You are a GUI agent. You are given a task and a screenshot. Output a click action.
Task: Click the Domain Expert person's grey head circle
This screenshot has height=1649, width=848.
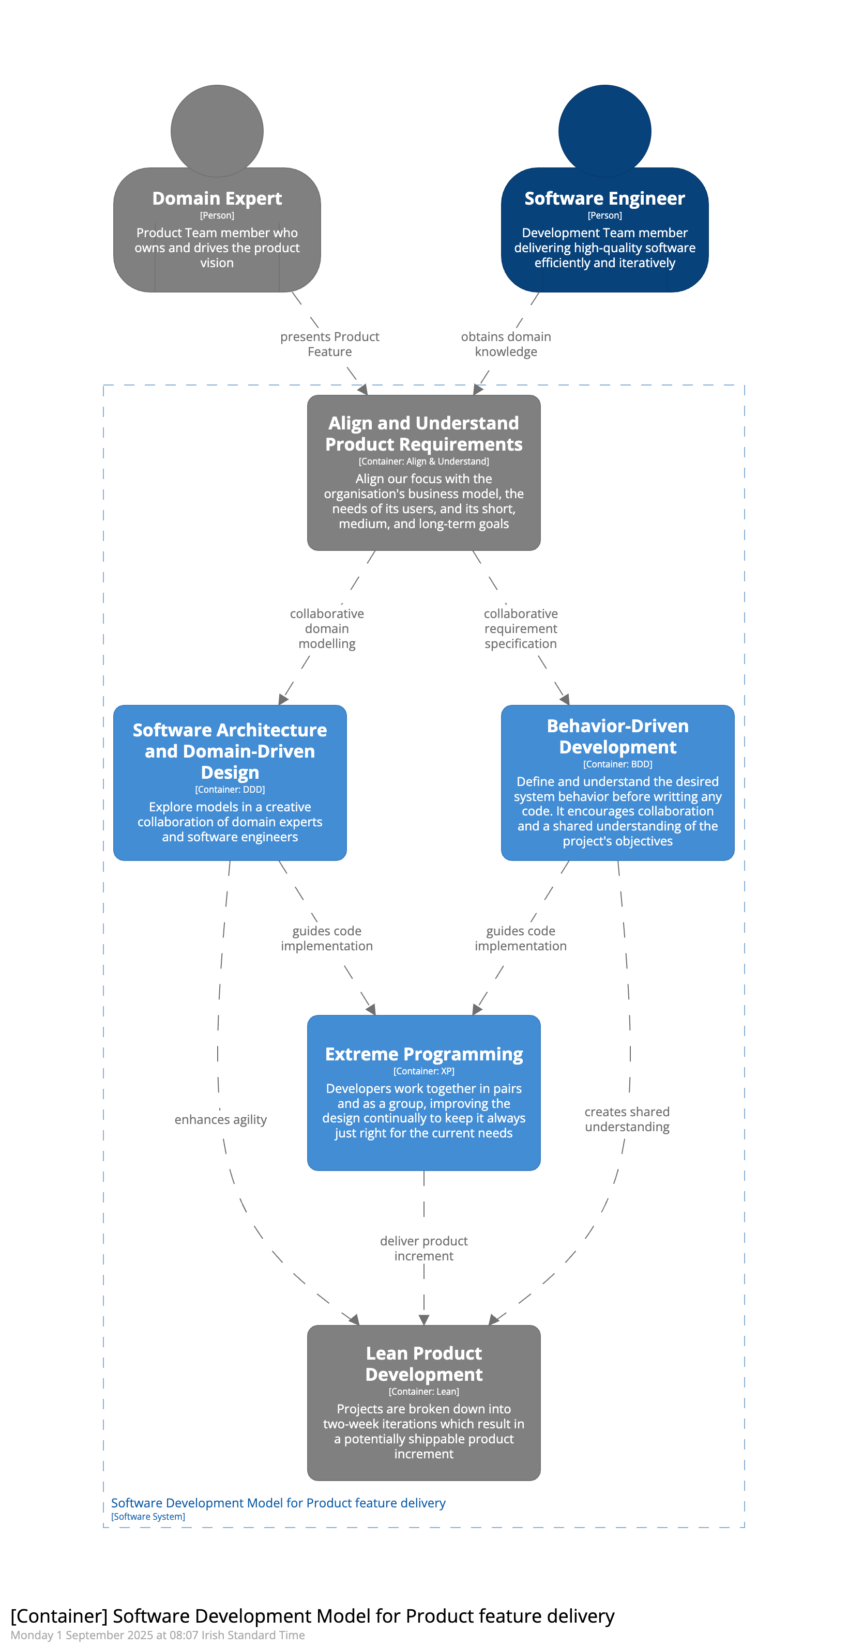(x=217, y=131)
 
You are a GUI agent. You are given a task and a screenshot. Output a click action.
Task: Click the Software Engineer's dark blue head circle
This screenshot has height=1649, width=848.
(x=604, y=131)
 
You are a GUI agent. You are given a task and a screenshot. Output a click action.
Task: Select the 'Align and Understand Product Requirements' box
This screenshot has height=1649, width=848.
(x=424, y=472)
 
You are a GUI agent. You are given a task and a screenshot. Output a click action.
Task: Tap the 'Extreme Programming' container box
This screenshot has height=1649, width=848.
(x=424, y=1093)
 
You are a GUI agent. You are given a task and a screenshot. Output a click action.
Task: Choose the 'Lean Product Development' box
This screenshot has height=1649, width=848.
(x=424, y=1403)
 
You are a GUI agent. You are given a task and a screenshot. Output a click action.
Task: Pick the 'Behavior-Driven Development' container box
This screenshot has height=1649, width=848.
(x=617, y=783)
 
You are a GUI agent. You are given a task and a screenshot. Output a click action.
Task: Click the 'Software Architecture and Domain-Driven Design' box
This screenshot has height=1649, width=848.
(x=230, y=783)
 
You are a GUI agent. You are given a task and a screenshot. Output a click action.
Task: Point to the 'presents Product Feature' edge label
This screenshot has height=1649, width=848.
(x=330, y=344)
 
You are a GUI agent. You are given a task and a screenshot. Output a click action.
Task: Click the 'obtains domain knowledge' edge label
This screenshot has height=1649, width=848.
(x=506, y=344)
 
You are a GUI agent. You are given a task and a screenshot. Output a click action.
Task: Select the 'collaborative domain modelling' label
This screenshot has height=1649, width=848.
(x=327, y=628)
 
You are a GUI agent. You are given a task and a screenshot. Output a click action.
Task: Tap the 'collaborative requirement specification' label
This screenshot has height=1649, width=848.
(x=521, y=628)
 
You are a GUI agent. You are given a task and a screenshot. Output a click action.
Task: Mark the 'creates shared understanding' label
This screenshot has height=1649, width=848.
(x=627, y=1119)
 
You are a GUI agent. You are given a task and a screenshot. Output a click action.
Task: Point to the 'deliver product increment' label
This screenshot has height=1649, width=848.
(x=424, y=1249)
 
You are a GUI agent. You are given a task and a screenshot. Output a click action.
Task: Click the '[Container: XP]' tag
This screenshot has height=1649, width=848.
(x=424, y=1071)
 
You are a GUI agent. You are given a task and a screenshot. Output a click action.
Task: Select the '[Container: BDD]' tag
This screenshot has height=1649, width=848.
(x=617, y=764)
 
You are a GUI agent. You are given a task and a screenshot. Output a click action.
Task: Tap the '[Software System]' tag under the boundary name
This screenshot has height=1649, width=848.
(x=148, y=1517)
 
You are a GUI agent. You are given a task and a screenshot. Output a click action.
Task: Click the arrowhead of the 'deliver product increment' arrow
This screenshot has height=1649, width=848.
(x=424, y=1320)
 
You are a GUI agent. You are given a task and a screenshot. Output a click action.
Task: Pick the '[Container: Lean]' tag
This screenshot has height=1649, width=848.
(x=424, y=1391)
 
